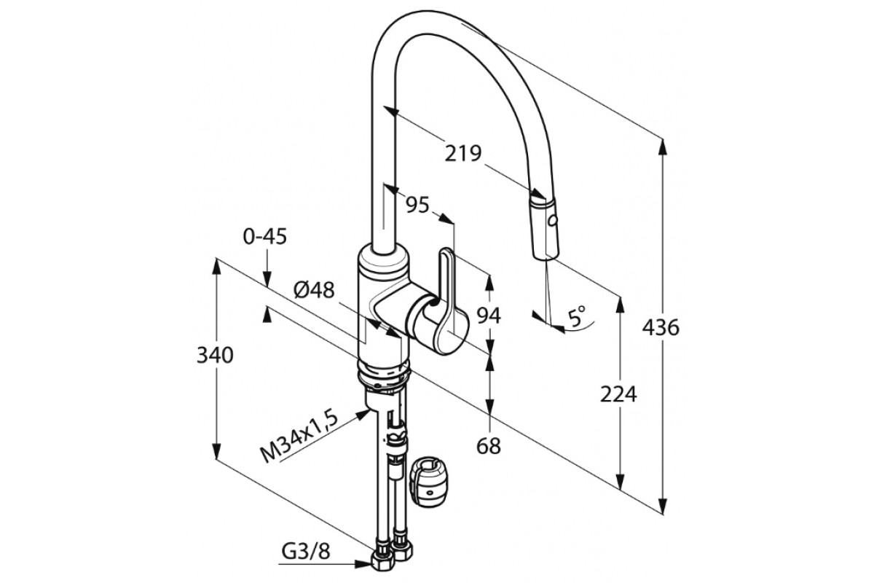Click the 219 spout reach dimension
point(464,154)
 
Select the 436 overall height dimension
point(661,328)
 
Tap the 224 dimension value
point(618,394)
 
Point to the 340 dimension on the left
point(215,356)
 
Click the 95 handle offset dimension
point(417,206)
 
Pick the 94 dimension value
point(489,316)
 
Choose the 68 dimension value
point(489,446)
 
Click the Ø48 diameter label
point(314,290)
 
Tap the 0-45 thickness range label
point(265,236)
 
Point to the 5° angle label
point(578,316)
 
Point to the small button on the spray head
point(552,219)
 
